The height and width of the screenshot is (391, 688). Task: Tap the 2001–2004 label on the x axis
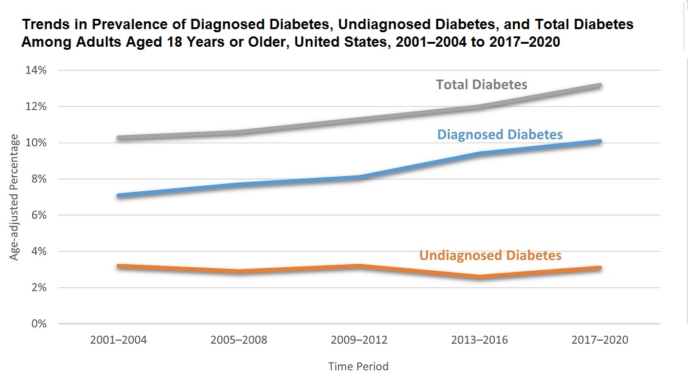(x=119, y=340)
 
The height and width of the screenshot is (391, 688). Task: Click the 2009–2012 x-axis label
(x=359, y=340)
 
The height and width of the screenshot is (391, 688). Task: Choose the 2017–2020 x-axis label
(x=600, y=340)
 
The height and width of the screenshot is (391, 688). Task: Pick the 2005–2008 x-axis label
(x=239, y=340)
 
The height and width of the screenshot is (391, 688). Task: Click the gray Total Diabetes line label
(x=481, y=85)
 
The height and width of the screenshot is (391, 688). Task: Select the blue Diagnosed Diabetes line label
(x=500, y=134)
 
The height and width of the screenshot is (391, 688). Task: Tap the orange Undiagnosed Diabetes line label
(x=490, y=256)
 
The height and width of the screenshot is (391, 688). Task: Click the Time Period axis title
(x=358, y=367)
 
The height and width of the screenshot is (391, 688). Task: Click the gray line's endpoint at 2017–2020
(x=599, y=86)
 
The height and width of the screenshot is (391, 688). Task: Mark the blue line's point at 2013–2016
(x=480, y=154)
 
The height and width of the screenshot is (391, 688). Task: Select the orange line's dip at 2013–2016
(x=480, y=277)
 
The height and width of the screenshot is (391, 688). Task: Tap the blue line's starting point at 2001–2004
(x=119, y=195)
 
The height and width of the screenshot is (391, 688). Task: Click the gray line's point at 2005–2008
(x=239, y=132)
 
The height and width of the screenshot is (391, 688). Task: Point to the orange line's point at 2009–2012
(x=359, y=266)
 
